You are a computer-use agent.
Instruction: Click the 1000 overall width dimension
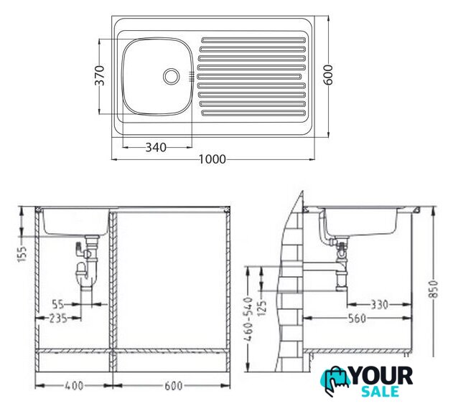pyautogui.click(x=213, y=159)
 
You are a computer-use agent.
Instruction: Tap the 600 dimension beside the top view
pyautogui.click(x=328, y=75)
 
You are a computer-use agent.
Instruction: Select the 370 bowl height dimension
pyautogui.click(x=100, y=75)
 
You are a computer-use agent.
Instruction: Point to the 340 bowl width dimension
pyautogui.click(x=156, y=148)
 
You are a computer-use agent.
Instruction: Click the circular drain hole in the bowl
pyautogui.click(x=172, y=76)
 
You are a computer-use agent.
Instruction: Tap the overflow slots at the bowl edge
pyautogui.click(x=191, y=75)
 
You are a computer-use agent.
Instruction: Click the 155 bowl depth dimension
pyautogui.click(x=22, y=254)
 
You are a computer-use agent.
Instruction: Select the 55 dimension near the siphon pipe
pyautogui.click(x=58, y=304)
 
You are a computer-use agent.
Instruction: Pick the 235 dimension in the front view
pyautogui.click(x=57, y=318)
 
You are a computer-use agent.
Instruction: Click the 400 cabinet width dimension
pyautogui.click(x=74, y=385)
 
